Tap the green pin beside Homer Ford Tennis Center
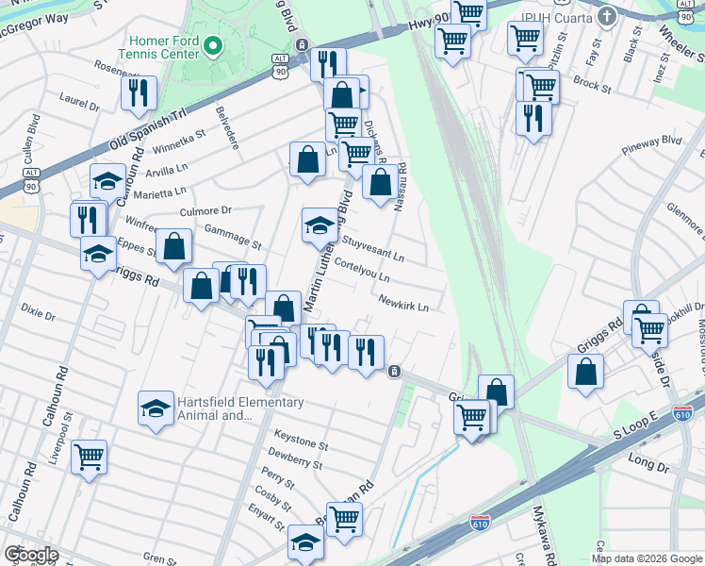pos(214,44)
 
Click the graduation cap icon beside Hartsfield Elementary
pos(156,408)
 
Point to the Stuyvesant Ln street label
pos(372,250)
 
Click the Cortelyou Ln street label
pos(362,271)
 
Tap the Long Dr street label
pos(647,459)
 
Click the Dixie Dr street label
pos(37,311)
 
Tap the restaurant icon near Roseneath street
pos(139,93)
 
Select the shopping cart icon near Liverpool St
pos(89,458)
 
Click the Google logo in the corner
pos(31,555)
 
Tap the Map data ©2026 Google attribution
pos(646,558)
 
